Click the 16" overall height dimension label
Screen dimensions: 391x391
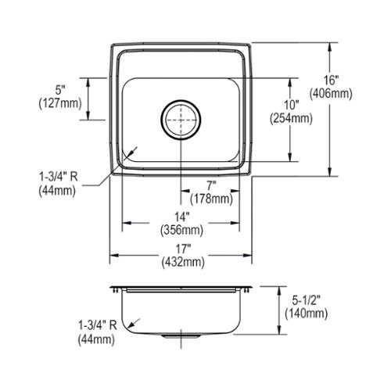[x=331, y=80]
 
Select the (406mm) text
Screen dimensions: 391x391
[x=331, y=93]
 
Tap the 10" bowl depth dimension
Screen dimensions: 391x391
[x=291, y=105]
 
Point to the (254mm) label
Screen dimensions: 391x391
[x=291, y=119]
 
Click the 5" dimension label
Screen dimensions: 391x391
[x=60, y=91]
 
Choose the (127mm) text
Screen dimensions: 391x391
[x=60, y=103]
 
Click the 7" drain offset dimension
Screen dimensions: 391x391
[x=212, y=186]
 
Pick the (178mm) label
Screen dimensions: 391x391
[x=211, y=199]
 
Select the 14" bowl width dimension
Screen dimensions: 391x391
[x=181, y=217]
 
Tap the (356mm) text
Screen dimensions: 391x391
[x=181, y=230]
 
